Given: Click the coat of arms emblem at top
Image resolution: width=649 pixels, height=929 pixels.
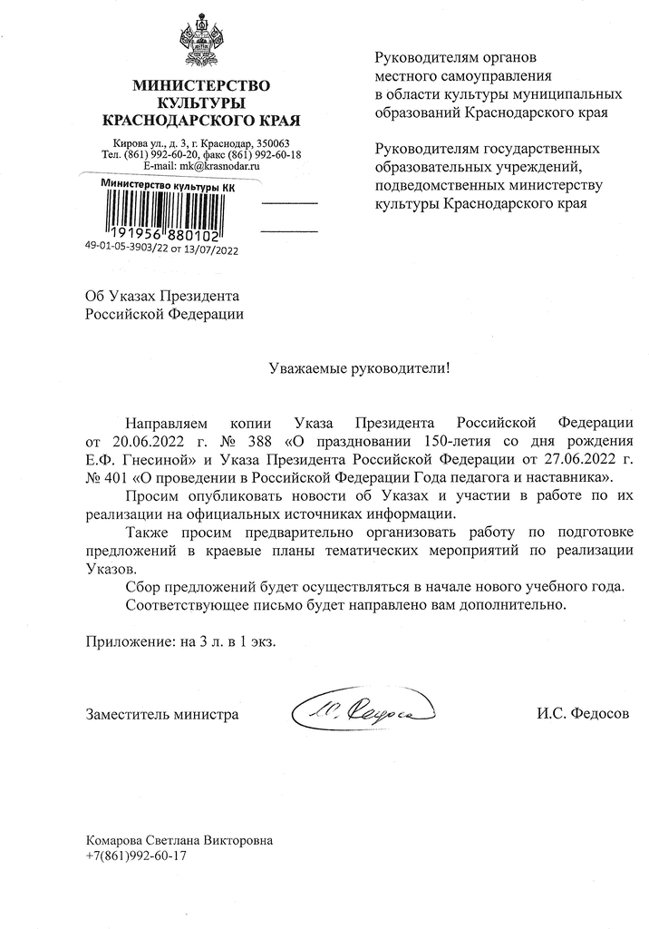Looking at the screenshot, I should pyautogui.click(x=201, y=40).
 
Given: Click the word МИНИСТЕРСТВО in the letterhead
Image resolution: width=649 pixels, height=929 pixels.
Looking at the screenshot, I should pyautogui.click(x=201, y=86).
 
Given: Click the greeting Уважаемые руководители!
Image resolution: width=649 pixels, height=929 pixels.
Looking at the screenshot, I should pyautogui.click(x=360, y=369).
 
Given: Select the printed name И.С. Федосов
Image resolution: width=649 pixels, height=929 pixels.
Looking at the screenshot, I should pyautogui.click(x=582, y=714).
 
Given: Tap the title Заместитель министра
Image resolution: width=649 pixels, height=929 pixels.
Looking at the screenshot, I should pyautogui.click(x=162, y=714).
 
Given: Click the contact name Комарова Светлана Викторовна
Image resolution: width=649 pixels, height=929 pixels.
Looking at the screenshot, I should pyautogui.click(x=178, y=840).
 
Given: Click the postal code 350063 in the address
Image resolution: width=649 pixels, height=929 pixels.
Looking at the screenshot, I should pyautogui.click(x=270, y=143).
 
